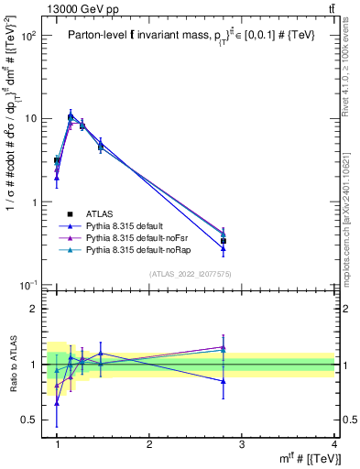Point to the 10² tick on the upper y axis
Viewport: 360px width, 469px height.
click(30, 36)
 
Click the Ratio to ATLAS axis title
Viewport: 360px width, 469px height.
click(13, 365)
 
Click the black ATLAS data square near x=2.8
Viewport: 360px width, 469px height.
click(224, 241)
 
